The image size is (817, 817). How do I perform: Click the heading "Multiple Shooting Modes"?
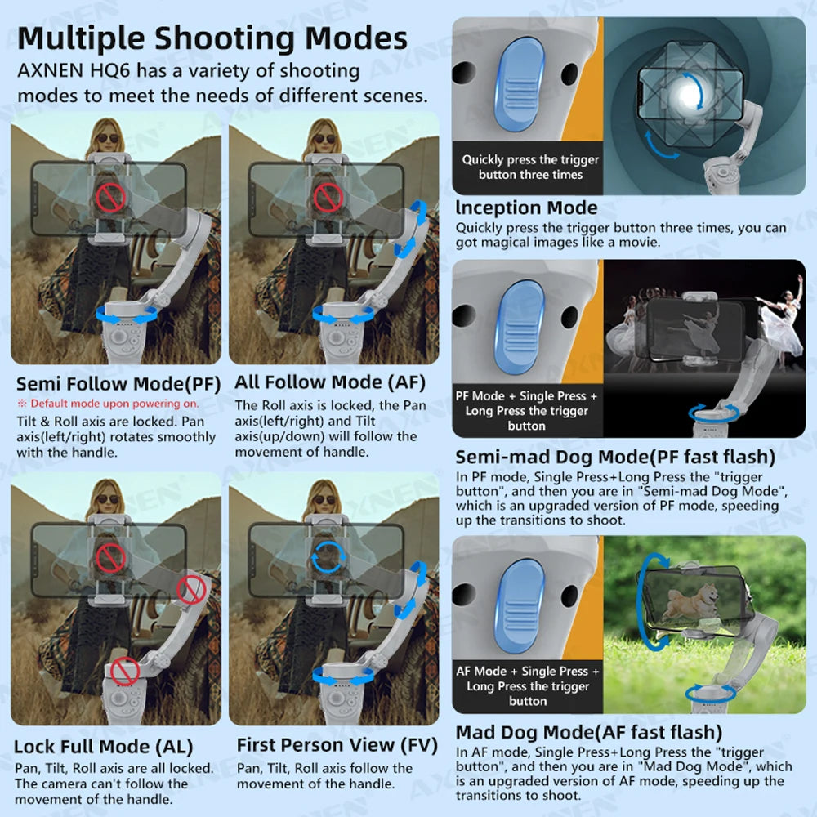pyautogui.click(x=212, y=38)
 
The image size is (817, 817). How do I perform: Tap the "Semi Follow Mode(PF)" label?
pyautogui.click(x=118, y=383)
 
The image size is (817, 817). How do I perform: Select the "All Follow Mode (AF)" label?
pyautogui.click(x=330, y=382)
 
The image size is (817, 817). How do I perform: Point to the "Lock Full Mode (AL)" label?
pyautogui.click(x=104, y=746)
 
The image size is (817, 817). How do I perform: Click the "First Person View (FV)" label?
pyautogui.click(x=337, y=744)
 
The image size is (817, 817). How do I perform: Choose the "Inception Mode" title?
pyautogui.click(x=526, y=208)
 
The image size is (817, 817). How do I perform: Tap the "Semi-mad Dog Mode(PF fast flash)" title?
pyautogui.click(x=615, y=456)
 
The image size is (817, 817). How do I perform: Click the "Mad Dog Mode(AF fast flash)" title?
pyautogui.click(x=588, y=731)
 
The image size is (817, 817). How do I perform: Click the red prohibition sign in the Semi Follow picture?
pyautogui.click(x=109, y=196)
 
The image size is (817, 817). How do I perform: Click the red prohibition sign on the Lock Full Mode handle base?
pyautogui.click(x=125, y=672)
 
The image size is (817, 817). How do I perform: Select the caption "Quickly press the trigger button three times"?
pyautogui.click(x=530, y=167)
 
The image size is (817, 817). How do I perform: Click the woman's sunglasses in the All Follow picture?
pyautogui.click(x=324, y=138)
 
